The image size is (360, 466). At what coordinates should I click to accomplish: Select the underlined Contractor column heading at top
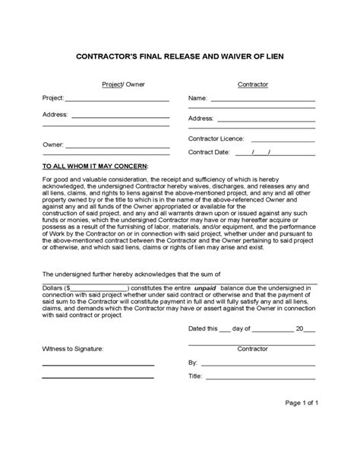253,84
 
